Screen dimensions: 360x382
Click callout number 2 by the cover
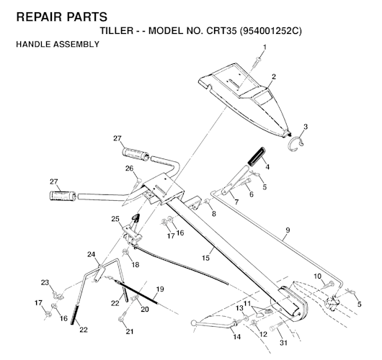pyautogui.click(x=274, y=76)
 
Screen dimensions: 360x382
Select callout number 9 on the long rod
pyautogui.click(x=286, y=230)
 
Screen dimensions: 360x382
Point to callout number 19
pyautogui.click(x=160, y=289)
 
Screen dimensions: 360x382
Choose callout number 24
pyautogui.click(x=92, y=254)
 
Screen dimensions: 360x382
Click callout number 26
pyautogui.click(x=130, y=169)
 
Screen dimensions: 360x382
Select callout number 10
pyautogui.click(x=317, y=276)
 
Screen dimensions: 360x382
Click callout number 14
pyautogui.click(x=236, y=336)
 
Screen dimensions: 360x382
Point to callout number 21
pyautogui.click(x=130, y=331)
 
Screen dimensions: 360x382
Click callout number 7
pyautogui.click(x=236, y=202)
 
